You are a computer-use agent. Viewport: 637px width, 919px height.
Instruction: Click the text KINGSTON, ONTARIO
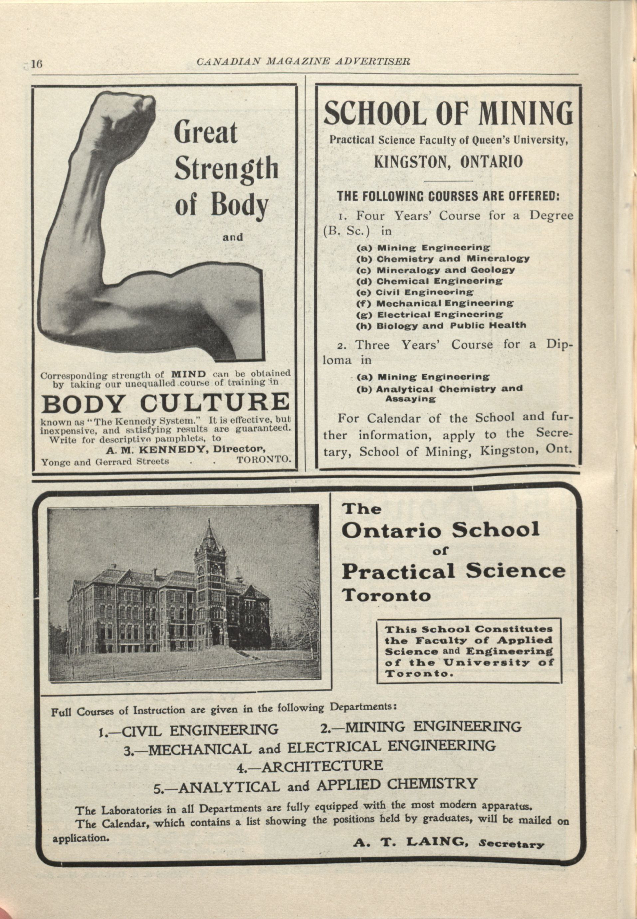click(x=448, y=162)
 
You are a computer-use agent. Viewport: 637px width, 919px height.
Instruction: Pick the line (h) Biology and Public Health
click(x=441, y=326)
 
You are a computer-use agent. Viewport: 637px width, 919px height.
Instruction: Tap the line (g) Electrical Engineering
click(x=429, y=314)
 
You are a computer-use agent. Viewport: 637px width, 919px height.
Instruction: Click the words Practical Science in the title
click(x=453, y=571)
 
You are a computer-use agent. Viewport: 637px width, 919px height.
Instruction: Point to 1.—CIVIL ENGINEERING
click(x=188, y=730)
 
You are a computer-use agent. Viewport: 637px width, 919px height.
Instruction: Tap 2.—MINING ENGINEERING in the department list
click(x=421, y=727)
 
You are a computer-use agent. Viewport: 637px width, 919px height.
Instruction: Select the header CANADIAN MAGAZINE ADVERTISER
click(x=303, y=62)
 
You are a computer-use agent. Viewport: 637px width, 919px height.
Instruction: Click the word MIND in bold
click(x=188, y=374)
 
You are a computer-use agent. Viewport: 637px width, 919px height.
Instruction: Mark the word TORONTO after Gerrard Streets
click(x=263, y=459)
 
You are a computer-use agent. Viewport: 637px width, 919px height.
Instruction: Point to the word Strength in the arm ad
click(x=226, y=168)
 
